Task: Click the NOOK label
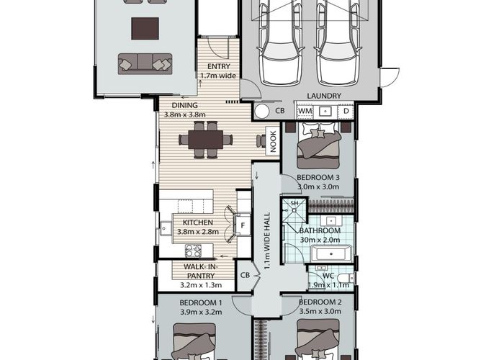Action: click(273, 141)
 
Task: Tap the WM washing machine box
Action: click(305, 111)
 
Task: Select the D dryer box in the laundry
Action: click(346, 111)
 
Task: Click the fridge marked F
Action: click(243, 225)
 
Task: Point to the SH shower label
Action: click(294, 203)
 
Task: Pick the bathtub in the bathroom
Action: click(331, 253)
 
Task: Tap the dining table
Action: click(206, 140)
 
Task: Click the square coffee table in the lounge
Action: click(145, 29)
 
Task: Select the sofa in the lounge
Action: click(145, 63)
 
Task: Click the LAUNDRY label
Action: click(324, 96)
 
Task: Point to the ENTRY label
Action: click(219, 66)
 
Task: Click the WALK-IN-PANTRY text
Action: click(201, 271)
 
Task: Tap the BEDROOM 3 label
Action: click(318, 177)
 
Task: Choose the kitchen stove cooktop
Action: click(193, 251)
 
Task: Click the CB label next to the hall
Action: click(245, 276)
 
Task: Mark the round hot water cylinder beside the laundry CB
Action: click(261, 111)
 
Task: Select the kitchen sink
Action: click(166, 228)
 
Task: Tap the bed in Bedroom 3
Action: click(318, 145)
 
